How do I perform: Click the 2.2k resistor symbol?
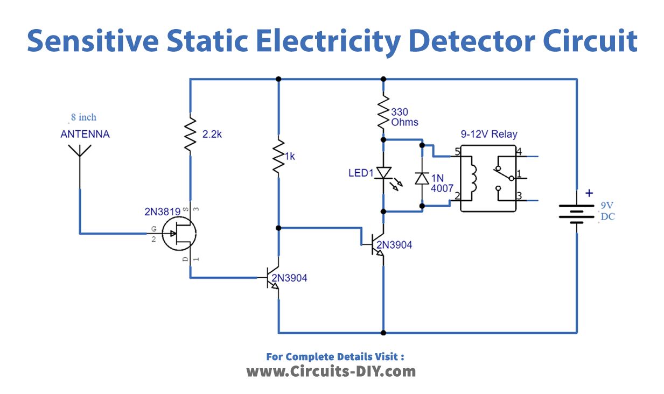coord(190,135)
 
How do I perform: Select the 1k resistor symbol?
coord(278,157)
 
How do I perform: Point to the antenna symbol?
coord(80,153)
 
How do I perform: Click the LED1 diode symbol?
coord(383,173)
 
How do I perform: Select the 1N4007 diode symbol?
coord(422,178)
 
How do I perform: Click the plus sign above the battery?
coord(589,193)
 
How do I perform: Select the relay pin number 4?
coord(519,151)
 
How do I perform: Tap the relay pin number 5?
coord(458,152)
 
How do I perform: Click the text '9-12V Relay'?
coord(488,134)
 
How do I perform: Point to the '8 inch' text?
coord(83,117)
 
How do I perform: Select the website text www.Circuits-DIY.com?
coord(331,371)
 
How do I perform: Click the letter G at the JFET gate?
coord(153,229)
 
